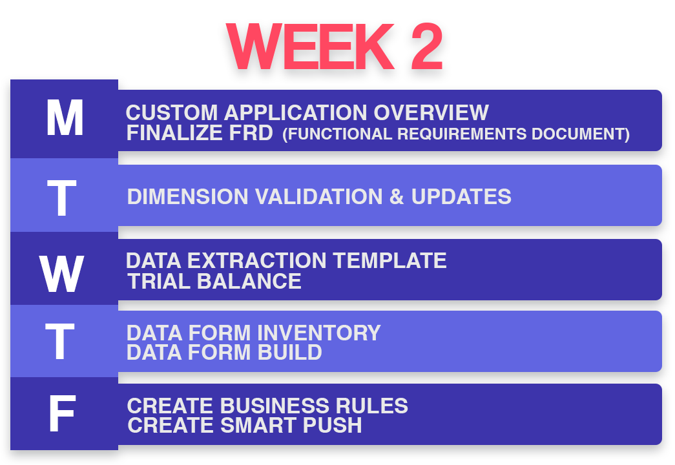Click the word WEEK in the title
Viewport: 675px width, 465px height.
310,46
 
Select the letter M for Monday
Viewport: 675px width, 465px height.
65,118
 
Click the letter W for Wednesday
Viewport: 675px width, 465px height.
61,274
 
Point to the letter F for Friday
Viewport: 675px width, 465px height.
63,414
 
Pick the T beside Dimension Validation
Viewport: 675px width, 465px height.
61,198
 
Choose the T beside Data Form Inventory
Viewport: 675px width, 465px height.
60,342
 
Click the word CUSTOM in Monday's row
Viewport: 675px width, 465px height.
172,113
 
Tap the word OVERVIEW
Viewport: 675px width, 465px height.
431,113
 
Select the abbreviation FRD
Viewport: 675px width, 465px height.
251,132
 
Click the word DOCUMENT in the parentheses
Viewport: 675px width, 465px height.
580,134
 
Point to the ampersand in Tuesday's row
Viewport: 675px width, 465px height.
397,197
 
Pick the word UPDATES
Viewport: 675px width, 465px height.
461,197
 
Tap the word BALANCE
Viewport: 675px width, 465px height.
249,282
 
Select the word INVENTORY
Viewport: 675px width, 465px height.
319,333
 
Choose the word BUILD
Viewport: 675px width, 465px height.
290,352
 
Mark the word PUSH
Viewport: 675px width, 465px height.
332,426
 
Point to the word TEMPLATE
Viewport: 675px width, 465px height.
389,260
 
